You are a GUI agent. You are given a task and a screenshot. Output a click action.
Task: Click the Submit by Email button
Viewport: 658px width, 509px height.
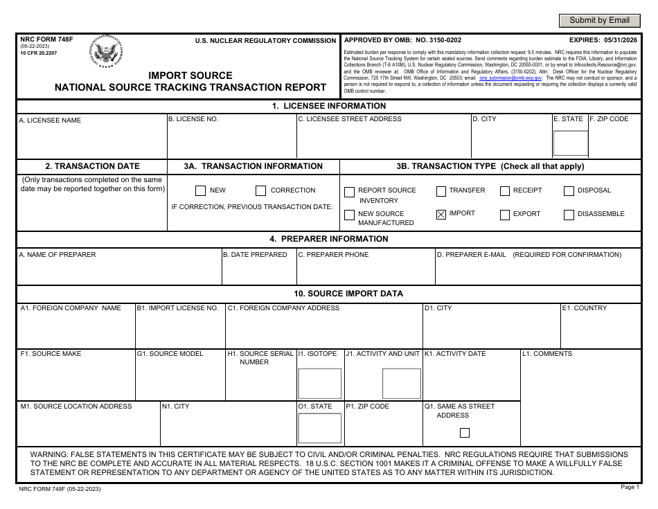[599, 21]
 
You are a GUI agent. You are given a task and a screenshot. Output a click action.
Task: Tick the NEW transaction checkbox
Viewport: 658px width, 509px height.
[200, 191]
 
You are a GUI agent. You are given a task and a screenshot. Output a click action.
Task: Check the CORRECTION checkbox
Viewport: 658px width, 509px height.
[260, 191]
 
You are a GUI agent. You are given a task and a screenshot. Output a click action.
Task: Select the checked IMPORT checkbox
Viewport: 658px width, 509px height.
[441, 214]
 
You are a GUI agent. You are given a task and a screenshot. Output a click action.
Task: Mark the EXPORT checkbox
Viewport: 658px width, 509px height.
[505, 215]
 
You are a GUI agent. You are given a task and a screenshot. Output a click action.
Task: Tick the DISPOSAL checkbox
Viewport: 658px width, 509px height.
[569, 191]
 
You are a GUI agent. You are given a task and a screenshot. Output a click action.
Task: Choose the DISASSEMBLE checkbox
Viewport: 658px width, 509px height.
[569, 215]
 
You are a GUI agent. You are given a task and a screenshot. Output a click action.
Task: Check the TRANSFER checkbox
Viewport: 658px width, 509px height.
[441, 191]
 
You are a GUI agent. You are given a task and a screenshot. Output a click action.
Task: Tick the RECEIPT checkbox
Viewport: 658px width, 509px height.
[505, 191]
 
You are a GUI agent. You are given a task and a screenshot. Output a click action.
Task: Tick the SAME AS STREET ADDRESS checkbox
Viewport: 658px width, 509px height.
[465, 433]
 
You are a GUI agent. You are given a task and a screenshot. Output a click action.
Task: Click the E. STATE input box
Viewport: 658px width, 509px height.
[570, 143]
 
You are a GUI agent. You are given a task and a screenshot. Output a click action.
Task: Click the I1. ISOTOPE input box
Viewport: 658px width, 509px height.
[319, 383]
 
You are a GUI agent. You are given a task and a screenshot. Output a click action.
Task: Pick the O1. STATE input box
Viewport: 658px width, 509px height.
[319, 427]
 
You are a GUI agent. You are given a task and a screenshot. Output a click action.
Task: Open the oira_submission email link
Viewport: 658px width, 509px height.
[501, 78]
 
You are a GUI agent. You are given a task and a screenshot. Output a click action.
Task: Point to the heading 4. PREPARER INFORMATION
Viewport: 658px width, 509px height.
[329, 239]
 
